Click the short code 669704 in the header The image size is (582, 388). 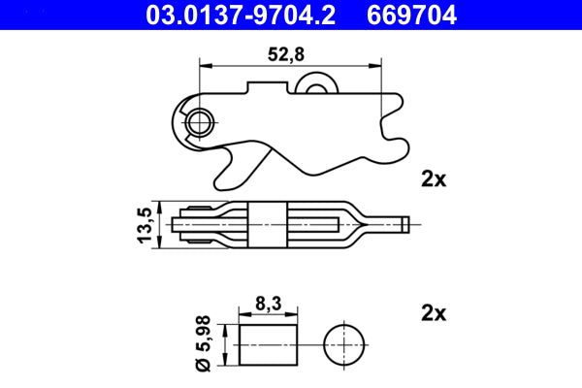coord(422,15)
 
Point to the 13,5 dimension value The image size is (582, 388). coord(145,225)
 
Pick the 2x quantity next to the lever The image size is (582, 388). coord(433,178)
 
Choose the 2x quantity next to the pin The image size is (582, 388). coord(433,313)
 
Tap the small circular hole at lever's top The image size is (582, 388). coord(314,88)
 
